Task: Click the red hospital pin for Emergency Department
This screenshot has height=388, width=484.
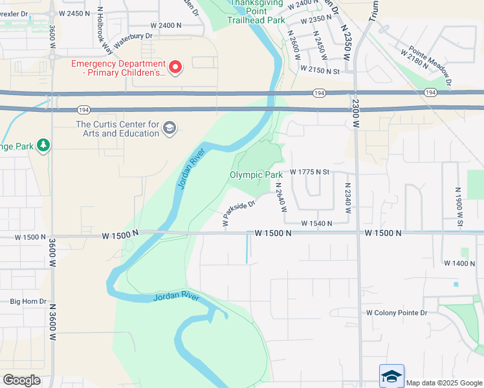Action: tap(174, 67)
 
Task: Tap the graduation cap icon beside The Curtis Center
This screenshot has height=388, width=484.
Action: tap(170, 127)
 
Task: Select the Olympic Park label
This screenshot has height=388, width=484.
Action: tap(256, 175)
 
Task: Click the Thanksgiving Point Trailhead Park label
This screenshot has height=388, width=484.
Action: tap(256, 12)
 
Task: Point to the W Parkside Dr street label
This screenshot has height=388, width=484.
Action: tap(239, 211)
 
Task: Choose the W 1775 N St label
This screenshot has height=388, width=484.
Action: tap(310, 172)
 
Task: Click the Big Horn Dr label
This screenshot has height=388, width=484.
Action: tap(28, 301)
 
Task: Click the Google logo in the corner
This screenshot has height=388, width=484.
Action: tap(21, 380)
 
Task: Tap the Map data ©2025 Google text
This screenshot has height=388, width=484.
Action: tap(443, 383)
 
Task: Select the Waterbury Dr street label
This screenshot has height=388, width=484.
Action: tap(133, 41)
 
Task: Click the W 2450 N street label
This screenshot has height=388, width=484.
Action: tap(74, 13)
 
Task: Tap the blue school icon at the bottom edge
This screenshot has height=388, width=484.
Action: tap(391, 376)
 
